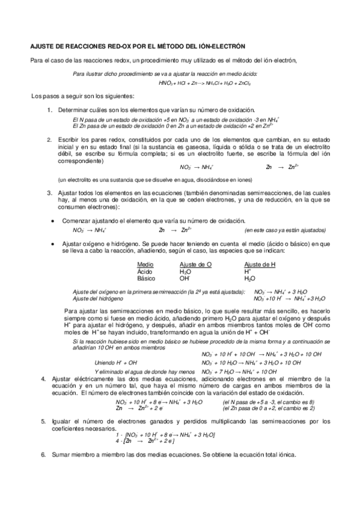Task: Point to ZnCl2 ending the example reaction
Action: [x=243, y=83]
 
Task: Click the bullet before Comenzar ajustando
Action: [x=54, y=221]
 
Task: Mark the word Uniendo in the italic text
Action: [x=105, y=363]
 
